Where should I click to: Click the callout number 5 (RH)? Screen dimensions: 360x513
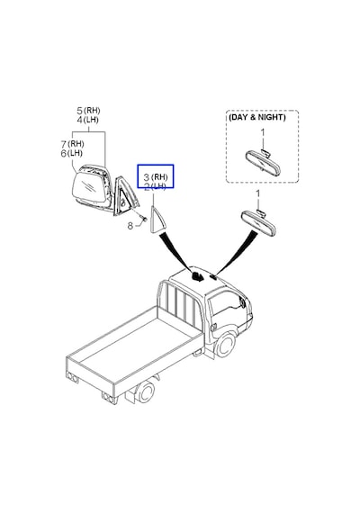[88, 111]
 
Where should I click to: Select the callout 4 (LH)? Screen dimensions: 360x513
[87, 120]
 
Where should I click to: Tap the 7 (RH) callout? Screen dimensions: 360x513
[72, 144]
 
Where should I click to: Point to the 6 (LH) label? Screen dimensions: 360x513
[72, 153]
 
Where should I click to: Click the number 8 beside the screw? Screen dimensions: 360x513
[130, 226]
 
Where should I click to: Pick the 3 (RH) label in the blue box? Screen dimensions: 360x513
[156, 177]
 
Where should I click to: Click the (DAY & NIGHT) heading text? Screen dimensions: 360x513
[257, 117]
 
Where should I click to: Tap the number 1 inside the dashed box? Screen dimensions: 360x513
[263, 133]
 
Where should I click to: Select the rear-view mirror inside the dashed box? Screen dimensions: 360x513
[264, 163]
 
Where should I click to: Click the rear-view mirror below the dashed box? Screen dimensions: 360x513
[258, 223]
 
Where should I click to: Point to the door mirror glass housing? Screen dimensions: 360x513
[89, 187]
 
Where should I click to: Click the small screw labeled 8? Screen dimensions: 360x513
[142, 217]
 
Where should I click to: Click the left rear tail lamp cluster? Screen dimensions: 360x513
[72, 377]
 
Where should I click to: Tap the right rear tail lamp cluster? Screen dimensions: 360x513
[109, 398]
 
